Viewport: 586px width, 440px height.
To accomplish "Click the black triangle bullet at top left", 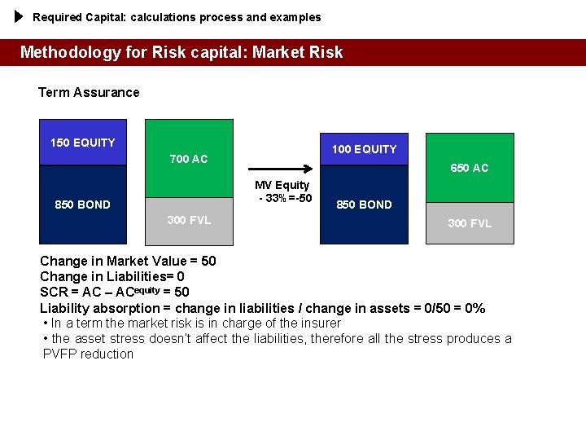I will click(x=20, y=16).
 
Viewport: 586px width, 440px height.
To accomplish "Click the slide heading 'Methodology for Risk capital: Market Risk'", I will click(x=181, y=53).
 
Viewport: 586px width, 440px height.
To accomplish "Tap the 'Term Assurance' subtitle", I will click(x=89, y=92).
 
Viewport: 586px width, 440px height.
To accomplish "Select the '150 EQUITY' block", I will click(x=83, y=143).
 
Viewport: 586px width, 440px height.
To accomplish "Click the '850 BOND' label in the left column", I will click(x=82, y=205).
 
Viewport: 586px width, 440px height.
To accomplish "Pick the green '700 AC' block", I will click(x=189, y=158).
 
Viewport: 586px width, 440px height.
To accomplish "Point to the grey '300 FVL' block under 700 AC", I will click(x=189, y=220).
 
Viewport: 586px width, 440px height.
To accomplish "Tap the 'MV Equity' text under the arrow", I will click(x=282, y=185).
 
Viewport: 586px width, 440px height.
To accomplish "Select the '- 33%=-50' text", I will click(x=285, y=198).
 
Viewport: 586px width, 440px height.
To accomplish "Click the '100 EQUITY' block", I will click(x=364, y=149).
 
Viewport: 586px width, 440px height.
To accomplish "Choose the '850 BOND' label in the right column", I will click(x=364, y=205).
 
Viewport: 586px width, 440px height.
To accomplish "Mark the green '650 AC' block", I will click(x=470, y=168).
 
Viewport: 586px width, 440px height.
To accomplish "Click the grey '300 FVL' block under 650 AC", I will click(x=470, y=223).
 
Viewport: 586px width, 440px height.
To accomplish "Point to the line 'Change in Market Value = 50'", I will click(x=128, y=262).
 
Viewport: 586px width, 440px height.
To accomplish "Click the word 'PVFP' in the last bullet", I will click(x=59, y=354).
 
